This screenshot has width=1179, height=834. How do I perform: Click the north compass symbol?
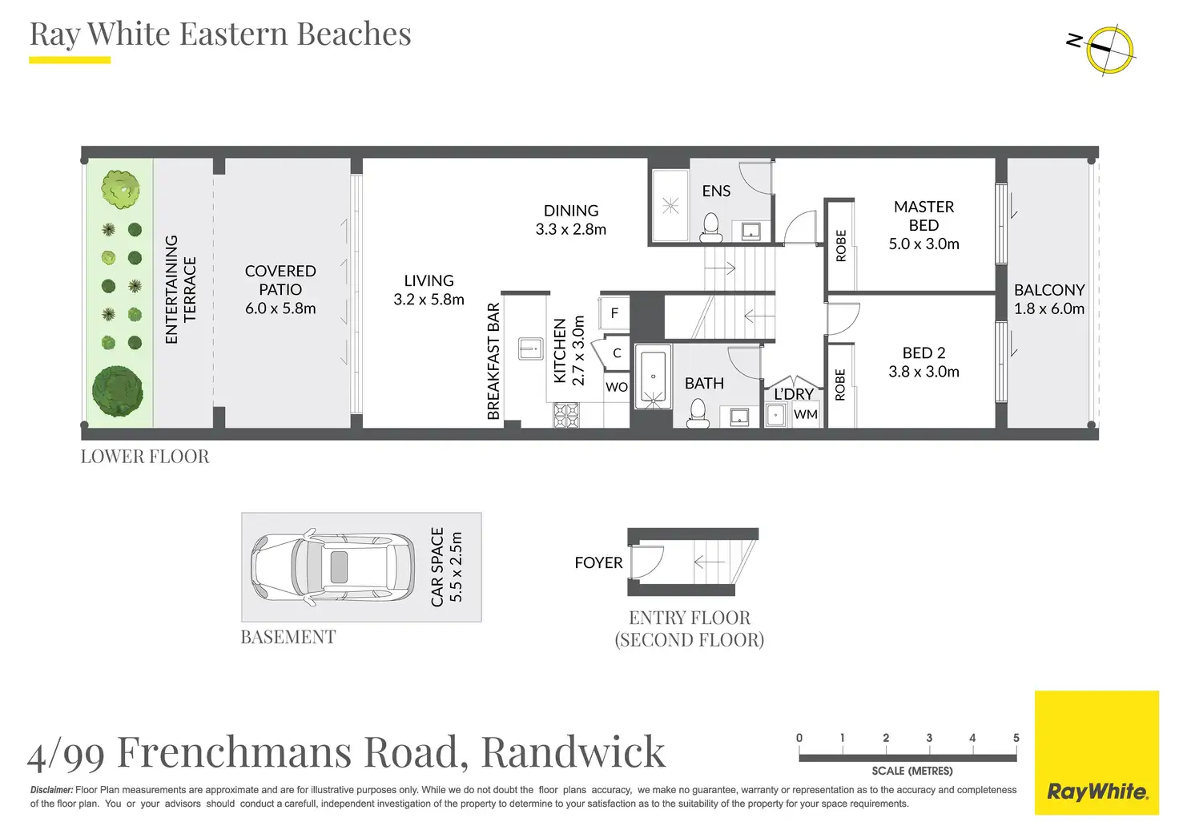coord(1109,49)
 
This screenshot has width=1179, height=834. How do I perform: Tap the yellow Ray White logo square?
coord(1097,752)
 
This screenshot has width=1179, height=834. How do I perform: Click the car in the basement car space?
coord(332,568)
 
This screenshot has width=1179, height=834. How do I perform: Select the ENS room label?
coord(716,191)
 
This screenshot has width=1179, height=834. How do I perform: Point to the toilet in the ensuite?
coord(711,228)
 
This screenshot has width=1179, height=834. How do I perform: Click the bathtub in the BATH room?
coord(654,377)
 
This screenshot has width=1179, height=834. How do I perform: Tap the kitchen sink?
coord(530,349)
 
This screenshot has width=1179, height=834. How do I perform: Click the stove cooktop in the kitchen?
coord(565,415)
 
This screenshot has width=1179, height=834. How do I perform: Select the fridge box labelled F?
coord(614,313)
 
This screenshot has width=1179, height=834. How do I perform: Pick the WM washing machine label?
coord(805,414)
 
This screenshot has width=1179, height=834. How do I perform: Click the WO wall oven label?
coord(617,387)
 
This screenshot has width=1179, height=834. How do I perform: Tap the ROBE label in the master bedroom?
coord(840,246)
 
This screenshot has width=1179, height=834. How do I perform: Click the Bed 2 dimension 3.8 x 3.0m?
coord(923,372)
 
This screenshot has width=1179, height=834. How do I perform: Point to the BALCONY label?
coord(1049,290)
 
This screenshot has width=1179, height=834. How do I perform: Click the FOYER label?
coord(598,563)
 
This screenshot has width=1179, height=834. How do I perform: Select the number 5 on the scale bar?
coord(1016,738)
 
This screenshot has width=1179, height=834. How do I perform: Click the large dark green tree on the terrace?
coord(118,391)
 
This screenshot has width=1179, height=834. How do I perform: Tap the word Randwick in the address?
coord(573,751)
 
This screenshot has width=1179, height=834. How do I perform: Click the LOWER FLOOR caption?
coord(145,457)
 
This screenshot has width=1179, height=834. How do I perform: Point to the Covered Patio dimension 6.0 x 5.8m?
coord(280,308)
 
